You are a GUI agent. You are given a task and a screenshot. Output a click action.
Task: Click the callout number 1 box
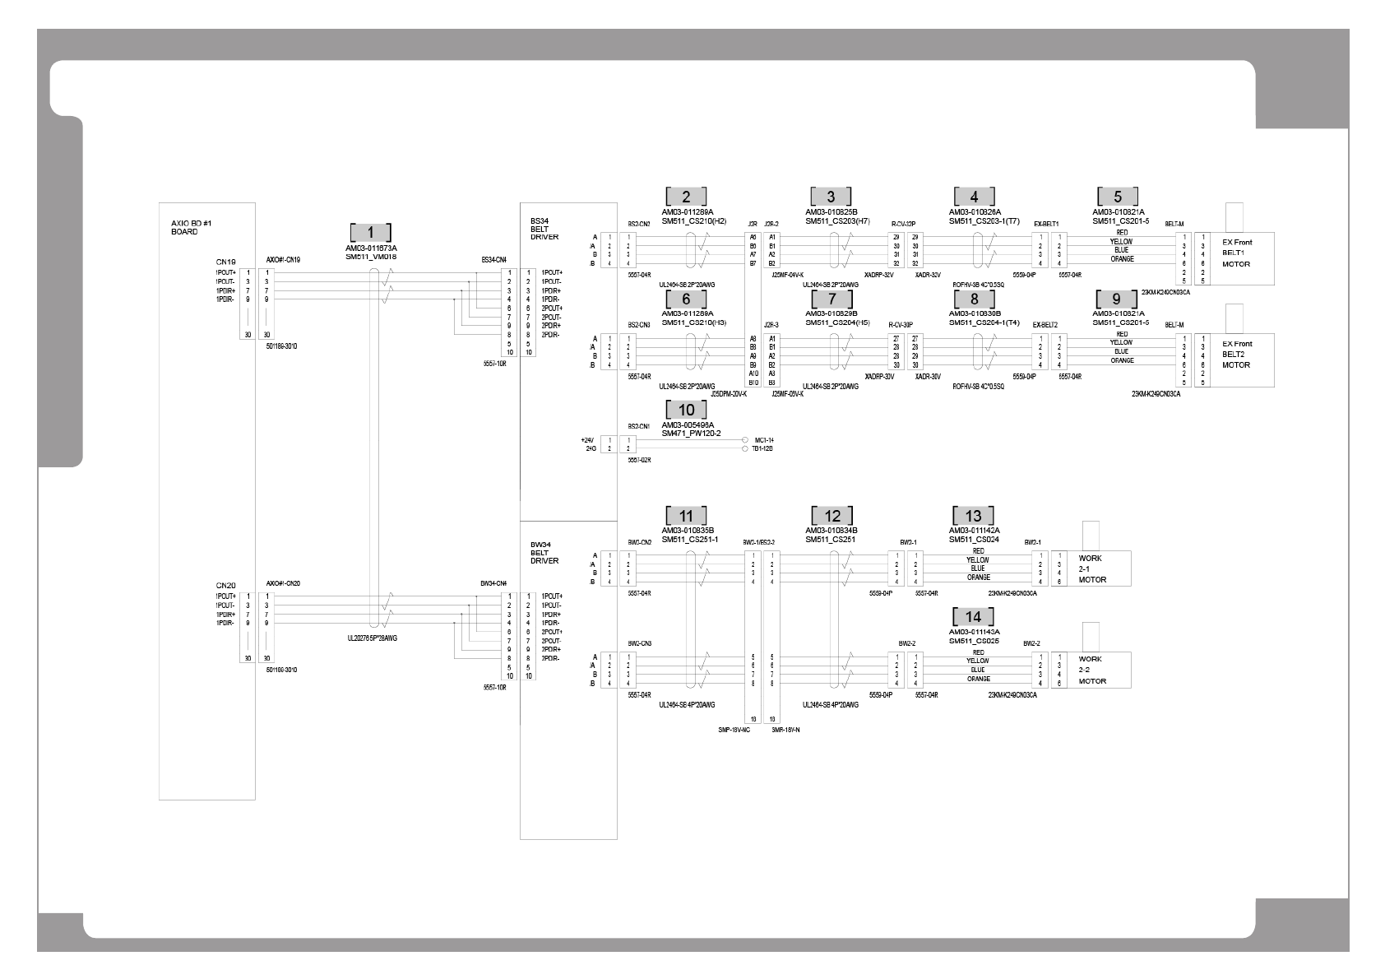(370, 232)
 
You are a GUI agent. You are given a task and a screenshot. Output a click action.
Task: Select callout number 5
(1117, 197)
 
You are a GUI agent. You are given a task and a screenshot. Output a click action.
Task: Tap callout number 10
(686, 410)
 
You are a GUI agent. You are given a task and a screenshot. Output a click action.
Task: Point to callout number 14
(973, 617)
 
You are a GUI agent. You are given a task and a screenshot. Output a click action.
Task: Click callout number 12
(831, 516)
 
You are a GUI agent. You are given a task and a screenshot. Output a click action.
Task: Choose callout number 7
(831, 299)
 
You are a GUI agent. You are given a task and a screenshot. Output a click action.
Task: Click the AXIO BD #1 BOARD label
(178, 228)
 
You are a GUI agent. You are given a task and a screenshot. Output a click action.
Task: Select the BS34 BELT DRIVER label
(544, 229)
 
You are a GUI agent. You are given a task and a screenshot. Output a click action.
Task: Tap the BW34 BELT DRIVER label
(544, 552)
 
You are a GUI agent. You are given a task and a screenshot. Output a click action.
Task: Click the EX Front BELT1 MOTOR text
(1236, 253)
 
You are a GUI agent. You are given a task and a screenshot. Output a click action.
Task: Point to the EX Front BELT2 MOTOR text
(1236, 355)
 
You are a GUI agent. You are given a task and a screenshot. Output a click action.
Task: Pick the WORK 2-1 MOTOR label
(1092, 568)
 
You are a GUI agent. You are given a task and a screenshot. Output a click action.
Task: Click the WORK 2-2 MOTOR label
(1092, 670)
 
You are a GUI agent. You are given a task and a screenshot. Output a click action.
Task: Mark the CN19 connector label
(225, 262)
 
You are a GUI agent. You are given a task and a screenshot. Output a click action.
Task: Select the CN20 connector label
(225, 586)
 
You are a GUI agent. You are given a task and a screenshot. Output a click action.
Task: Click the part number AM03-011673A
(371, 248)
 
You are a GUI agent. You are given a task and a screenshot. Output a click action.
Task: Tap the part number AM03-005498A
(688, 425)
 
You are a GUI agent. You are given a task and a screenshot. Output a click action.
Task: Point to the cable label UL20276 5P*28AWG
(373, 638)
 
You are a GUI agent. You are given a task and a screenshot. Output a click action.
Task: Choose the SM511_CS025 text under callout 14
(974, 640)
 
